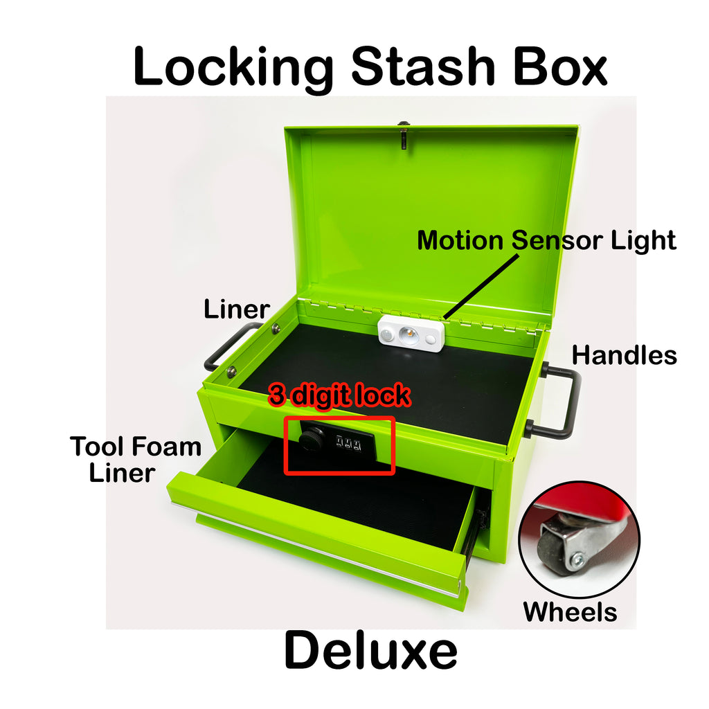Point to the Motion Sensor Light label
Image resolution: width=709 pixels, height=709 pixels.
[546, 240]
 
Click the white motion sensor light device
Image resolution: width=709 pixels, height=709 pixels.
[411, 334]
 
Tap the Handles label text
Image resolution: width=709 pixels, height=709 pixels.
[625, 355]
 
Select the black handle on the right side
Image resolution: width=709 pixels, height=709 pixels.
[571, 402]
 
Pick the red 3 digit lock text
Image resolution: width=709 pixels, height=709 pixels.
[339, 395]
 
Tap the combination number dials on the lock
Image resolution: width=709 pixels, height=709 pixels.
[349, 442]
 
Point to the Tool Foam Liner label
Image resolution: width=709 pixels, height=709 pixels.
[135, 460]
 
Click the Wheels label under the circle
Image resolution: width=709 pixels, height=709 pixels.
[571, 612]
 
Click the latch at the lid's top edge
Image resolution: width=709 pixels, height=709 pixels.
[404, 134]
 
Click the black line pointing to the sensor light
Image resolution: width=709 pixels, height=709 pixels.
[481, 287]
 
